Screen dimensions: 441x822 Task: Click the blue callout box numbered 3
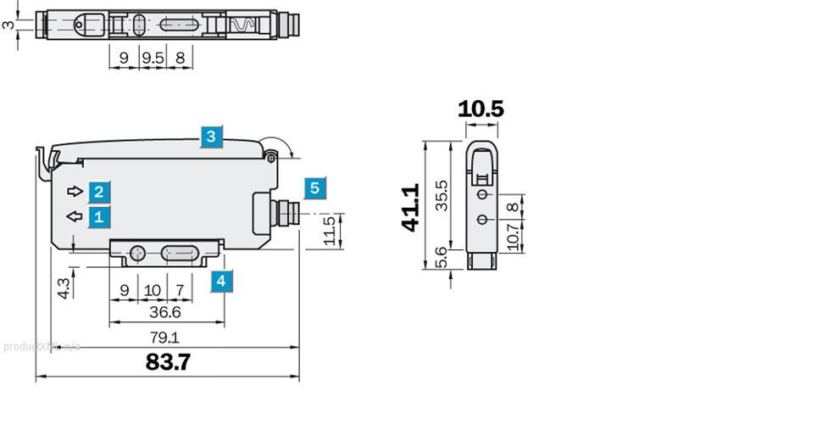pyautogui.click(x=211, y=137)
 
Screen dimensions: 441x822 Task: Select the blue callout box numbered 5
pyautogui.click(x=314, y=188)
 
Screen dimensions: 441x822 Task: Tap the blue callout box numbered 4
pyautogui.click(x=220, y=281)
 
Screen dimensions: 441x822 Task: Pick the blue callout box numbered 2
pyautogui.click(x=99, y=192)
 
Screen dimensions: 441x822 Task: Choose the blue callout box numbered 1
pyautogui.click(x=99, y=216)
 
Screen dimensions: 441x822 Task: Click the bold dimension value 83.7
pyautogui.click(x=168, y=362)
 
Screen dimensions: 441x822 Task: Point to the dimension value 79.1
pyautogui.click(x=164, y=338)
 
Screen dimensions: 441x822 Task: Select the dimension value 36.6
pyautogui.click(x=165, y=313)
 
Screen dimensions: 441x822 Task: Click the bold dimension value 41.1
pyautogui.click(x=410, y=207)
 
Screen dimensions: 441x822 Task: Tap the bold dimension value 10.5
pyautogui.click(x=480, y=109)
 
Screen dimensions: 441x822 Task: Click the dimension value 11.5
pyautogui.click(x=330, y=231)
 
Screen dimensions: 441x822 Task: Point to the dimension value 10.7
pyautogui.click(x=512, y=237)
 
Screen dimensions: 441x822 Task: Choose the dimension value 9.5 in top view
pyautogui.click(x=153, y=59)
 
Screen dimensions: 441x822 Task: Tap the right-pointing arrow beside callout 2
pyautogui.click(x=75, y=190)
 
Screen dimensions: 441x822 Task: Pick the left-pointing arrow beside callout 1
pyautogui.click(x=75, y=216)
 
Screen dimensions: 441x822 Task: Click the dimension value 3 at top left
pyautogui.click(x=8, y=25)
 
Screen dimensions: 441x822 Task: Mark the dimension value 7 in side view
pyautogui.click(x=180, y=290)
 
